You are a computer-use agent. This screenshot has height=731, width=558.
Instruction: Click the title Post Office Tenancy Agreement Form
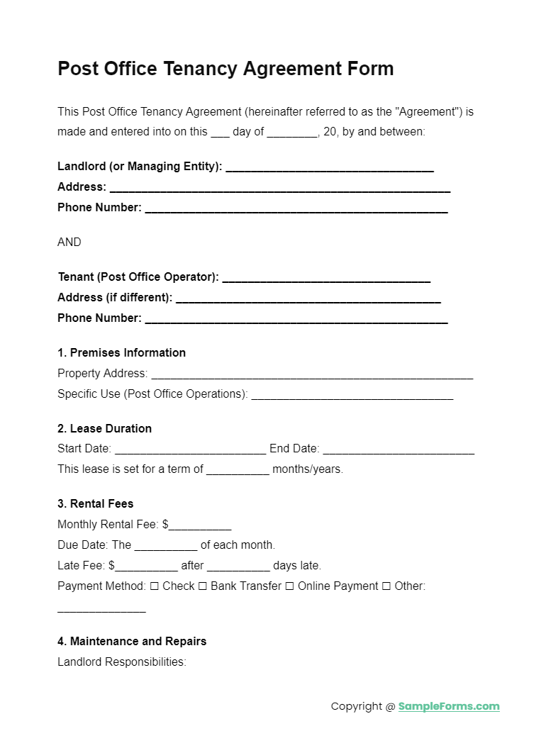pyautogui.click(x=225, y=69)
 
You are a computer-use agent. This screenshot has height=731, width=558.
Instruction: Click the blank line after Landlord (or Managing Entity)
pyautogui.click(x=329, y=167)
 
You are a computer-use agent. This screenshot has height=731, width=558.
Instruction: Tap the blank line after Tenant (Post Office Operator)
pyautogui.click(x=326, y=277)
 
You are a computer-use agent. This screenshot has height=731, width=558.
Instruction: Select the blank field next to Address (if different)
pyautogui.click(x=308, y=298)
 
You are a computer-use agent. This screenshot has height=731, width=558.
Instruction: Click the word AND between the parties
pyautogui.click(x=69, y=242)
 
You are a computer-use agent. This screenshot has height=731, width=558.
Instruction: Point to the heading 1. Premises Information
pyautogui.click(x=121, y=353)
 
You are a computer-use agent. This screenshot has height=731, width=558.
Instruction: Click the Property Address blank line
pyautogui.click(x=312, y=374)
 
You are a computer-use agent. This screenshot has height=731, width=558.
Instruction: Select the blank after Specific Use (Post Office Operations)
pyautogui.click(x=352, y=395)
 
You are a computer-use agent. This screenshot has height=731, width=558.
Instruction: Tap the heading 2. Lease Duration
pyautogui.click(x=104, y=429)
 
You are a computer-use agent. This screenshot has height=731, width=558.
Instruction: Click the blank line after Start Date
pyautogui.click(x=190, y=450)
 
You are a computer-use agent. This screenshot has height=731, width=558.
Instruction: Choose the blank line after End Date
pyautogui.click(x=398, y=450)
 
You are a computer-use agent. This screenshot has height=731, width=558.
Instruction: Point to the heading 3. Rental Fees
pyautogui.click(x=95, y=504)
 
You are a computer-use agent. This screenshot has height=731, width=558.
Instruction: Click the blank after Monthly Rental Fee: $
pyautogui.click(x=200, y=525)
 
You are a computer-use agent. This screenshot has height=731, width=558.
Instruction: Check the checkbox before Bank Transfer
pyautogui.click(x=202, y=586)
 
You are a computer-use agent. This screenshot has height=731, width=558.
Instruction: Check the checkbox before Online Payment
pyautogui.click(x=289, y=586)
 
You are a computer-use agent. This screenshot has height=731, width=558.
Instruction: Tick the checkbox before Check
pyautogui.click(x=155, y=586)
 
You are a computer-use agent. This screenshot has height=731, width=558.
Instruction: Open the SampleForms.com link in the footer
pyautogui.click(x=449, y=706)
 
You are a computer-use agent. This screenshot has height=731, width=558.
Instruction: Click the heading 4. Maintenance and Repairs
pyautogui.click(x=132, y=642)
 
